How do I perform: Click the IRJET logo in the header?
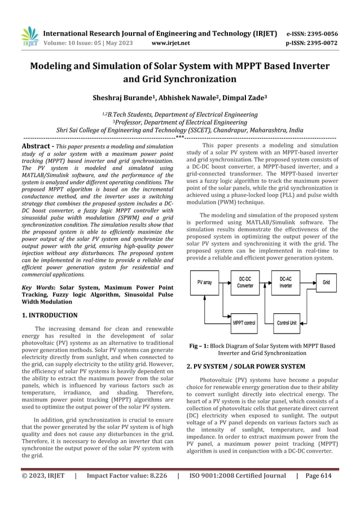(28, 35)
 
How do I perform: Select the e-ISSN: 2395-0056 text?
(310, 33)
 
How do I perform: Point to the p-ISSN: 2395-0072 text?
(310, 42)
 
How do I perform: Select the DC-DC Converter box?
(245, 282)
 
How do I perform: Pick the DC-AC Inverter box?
(286, 282)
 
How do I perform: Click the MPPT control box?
(244, 323)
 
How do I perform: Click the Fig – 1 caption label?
(200, 345)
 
